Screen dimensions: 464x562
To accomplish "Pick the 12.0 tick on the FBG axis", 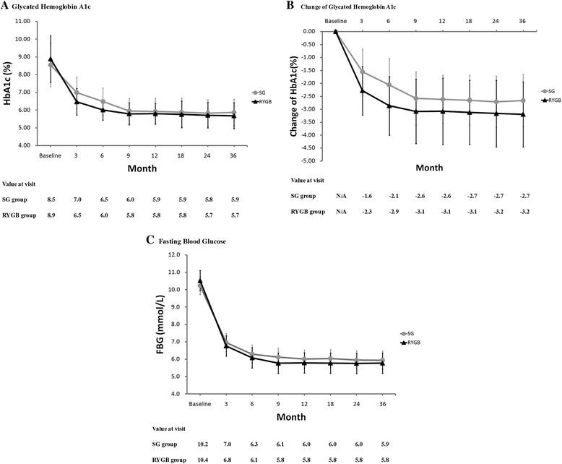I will tap(173, 255).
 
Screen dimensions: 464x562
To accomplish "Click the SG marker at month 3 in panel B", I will tap(363, 72).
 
